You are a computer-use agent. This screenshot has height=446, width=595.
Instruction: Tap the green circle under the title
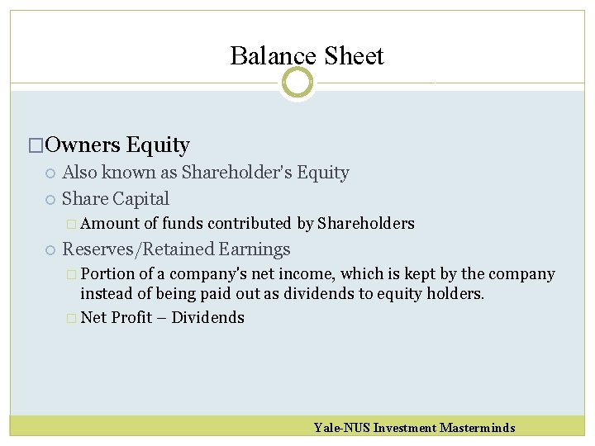point(297,83)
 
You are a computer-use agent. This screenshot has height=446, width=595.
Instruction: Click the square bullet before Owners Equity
point(36,146)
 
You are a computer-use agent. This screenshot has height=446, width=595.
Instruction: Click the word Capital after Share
point(140,198)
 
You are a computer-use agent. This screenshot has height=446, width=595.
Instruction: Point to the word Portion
point(111,274)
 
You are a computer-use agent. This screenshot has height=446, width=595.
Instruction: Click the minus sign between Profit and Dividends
point(162,318)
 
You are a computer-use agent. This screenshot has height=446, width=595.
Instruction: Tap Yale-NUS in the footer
point(341,428)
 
